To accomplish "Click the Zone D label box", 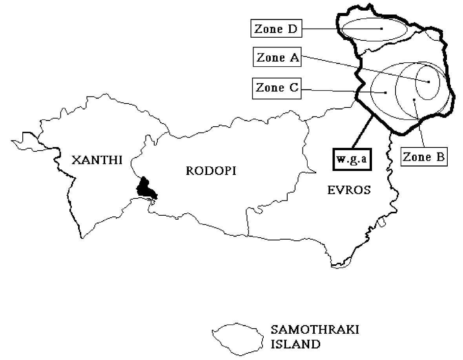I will pyautogui.click(x=276, y=29).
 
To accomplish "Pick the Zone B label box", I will pyautogui.click(x=423, y=157).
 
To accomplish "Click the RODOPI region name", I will pyautogui.click(x=211, y=171).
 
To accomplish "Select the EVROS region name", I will pyautogui.click(x=349, y=190).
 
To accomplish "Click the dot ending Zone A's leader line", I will pyautogui.click(x=429, y=82).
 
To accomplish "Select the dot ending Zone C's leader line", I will pyautogui.click(x=386, y=93).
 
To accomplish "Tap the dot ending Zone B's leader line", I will pyautogui.click(x=414, y=100).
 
